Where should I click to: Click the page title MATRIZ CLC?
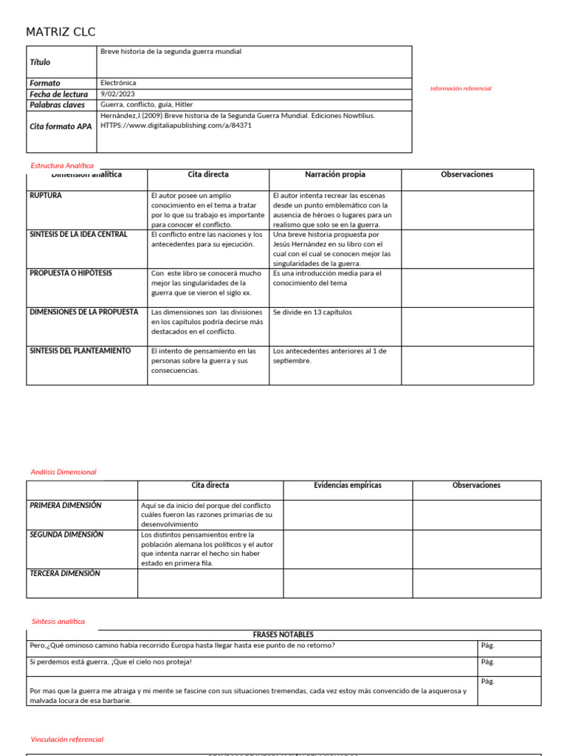tap(61, 32)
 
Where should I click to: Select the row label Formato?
tap(45, 83)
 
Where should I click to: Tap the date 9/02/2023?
tap(118, 94)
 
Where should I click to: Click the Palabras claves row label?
tap(57, 105)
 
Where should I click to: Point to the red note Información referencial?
tap(461, 89)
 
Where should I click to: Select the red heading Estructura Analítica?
tap(62, 165)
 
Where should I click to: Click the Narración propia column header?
tap(334, 175)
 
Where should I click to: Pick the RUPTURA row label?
tap(46, 196)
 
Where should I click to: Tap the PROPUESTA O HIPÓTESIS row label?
tap(71, 273)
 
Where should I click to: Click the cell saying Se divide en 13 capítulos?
tap(312, 312)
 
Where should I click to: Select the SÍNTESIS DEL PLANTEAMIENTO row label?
tap(80, 351)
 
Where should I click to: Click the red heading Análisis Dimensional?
tap(63, 472)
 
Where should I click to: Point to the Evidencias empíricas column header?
tap(348, 486)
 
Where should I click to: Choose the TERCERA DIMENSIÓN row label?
tap(65, 574)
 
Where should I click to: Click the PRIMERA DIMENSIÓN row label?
tap(66, 506)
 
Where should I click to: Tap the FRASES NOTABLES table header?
tap(283, 635)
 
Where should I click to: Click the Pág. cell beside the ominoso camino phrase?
tap(488, 645)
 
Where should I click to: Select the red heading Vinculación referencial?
tap(67, 739)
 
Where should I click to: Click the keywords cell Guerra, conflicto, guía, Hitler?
tap(146, 105)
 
